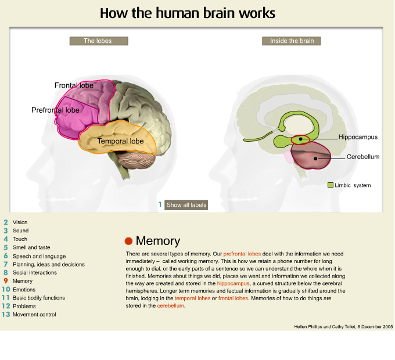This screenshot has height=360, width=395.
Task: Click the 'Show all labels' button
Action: (186, 205)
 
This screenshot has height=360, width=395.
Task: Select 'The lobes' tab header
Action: (98, 41)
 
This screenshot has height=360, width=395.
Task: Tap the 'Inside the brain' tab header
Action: (291, 41)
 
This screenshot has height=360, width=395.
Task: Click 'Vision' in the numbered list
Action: (20, 222)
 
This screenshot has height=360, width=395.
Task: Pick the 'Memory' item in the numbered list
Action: (23, 281)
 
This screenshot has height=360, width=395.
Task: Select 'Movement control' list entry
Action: (34, 315)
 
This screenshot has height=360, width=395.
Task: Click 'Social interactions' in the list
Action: (34, 272)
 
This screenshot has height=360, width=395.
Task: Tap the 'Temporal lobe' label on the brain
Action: (120, 141)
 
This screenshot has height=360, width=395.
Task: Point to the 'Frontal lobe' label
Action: (74, 85)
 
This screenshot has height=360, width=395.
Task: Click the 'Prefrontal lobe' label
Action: (55, 109)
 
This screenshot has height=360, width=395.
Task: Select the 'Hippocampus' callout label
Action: (358, 137)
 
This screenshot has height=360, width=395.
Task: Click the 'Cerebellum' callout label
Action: (363, 157)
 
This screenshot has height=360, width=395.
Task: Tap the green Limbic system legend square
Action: (330, 185)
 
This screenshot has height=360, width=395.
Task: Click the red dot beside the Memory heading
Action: (128, 241)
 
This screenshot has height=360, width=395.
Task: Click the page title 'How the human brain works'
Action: (187, 13)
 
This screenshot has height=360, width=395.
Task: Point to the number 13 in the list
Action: (6, 315)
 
